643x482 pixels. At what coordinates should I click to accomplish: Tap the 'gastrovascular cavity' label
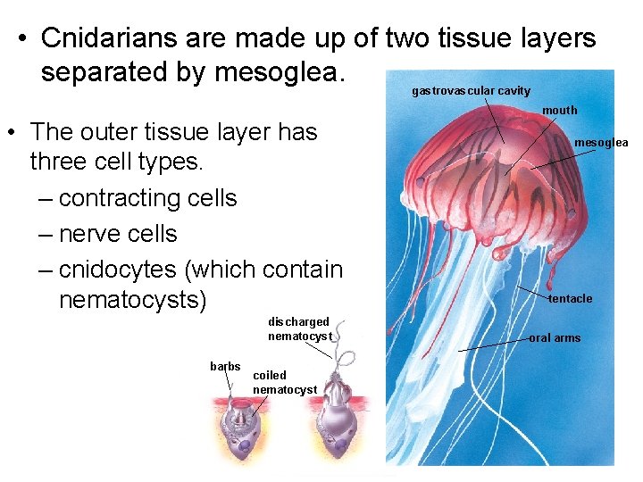(x=471, y=90)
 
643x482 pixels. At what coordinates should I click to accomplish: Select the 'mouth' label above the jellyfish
(x=560, y=110)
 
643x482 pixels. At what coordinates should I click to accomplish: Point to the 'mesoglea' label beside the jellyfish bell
(x=601, y=142)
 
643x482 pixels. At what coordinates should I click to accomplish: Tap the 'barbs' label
(x=225, y=366)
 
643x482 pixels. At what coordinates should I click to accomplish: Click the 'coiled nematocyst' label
(x=284, y=382)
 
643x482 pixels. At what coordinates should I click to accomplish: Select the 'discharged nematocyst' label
(x=300, y=328)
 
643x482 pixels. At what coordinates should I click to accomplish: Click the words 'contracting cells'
(x=147, y=197)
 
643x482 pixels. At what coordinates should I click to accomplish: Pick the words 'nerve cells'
(x=118, y=233)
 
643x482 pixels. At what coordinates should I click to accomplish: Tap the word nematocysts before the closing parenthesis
(x=131, y=300)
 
